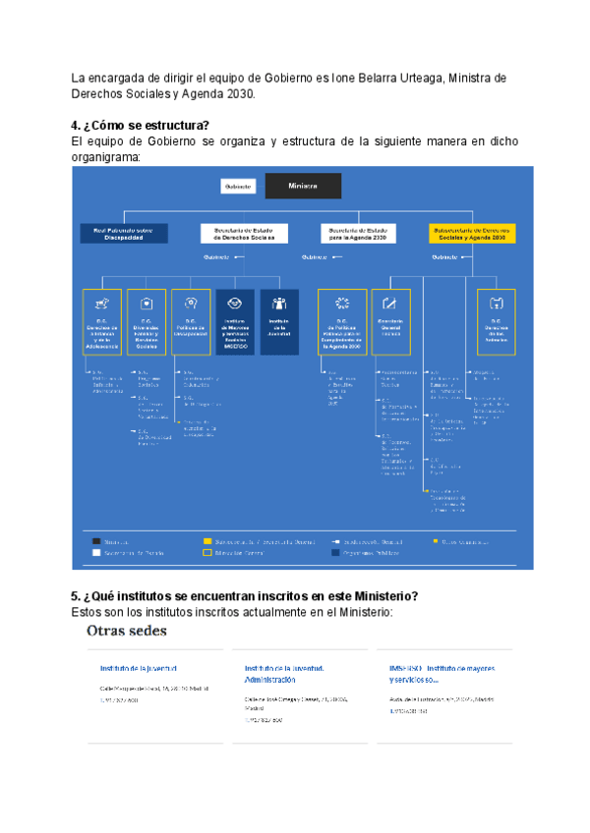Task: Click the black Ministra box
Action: pos(302,186)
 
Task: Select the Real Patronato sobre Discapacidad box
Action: pos(125,233)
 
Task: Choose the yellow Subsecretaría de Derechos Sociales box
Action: pos(473,233)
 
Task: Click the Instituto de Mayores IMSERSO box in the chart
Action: pos(234,321)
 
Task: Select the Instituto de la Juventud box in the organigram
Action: pos(279,321)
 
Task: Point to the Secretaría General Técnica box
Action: pos(392,321)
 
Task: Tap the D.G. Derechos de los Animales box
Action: pos(498,321)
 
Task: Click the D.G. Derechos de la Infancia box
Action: pos(102,321)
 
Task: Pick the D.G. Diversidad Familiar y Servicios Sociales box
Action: pos(146,321)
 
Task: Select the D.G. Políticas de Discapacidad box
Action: pos(191,321)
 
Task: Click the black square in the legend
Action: pos(95,540)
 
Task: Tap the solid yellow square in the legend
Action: pos(207,540)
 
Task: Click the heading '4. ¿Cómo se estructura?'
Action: pos(141,126)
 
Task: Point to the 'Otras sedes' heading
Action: pos(127,631)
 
